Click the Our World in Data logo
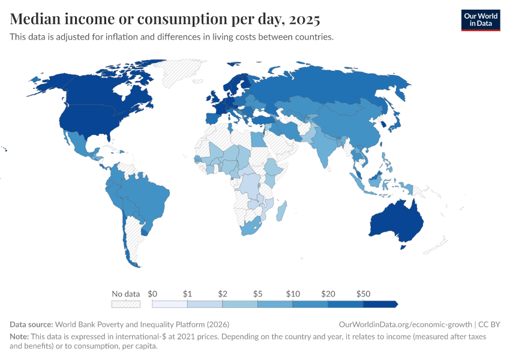[481, 20]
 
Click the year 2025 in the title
[304, 19]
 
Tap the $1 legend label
[187, 294]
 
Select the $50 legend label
[363, 294]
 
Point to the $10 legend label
[293, 294]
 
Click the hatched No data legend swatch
[126, 304]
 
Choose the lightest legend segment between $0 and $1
[170, 304]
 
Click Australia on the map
[396, 221]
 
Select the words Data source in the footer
[31, 325]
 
